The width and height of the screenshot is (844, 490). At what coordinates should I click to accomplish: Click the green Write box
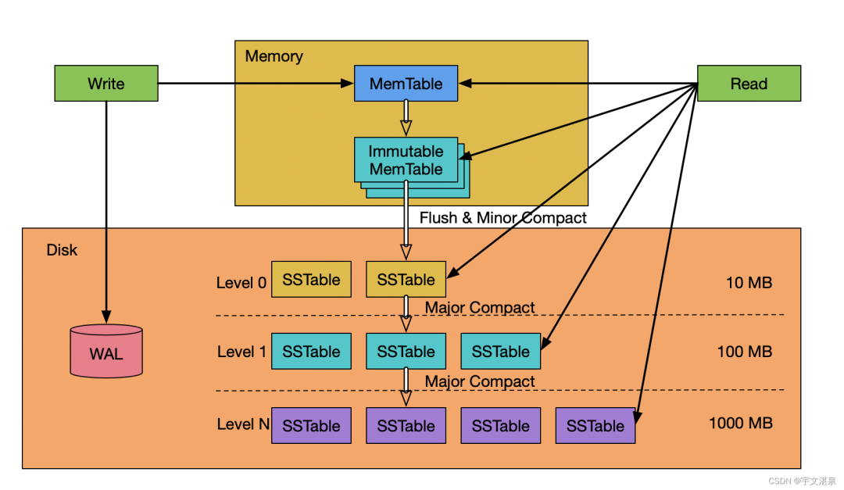tap(105, 84)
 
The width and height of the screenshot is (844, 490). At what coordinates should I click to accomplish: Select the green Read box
tap(749, 84)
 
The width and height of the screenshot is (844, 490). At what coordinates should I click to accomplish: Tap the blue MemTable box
tap(406, 84)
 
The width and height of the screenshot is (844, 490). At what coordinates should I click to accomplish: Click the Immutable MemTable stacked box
tap(406, 160)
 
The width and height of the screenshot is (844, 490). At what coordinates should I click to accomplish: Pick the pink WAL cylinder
tap(106, 352)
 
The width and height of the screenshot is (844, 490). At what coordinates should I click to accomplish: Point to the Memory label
tap(274, 56)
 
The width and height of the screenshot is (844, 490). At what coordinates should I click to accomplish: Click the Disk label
tap(62, 250)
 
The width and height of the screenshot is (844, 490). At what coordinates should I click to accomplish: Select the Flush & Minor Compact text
tap(502, 218)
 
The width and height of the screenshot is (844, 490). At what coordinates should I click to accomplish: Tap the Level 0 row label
tap(241, 282)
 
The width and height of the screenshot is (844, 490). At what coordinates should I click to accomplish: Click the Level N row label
tap(241, 425)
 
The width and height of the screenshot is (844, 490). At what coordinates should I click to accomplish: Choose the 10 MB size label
tap(749, 282)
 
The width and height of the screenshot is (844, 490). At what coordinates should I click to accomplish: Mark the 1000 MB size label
tap(740, 424)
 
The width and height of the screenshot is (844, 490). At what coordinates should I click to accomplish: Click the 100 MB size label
tap(744, 352)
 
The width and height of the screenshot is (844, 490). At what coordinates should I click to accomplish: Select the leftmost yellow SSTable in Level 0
tap(311, 280)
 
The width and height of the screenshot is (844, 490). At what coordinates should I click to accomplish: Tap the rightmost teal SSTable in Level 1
tap(500, 352)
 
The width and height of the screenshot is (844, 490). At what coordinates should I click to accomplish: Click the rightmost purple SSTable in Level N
tap(595, 426)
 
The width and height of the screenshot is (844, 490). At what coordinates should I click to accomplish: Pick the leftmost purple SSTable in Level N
tap(311, 426)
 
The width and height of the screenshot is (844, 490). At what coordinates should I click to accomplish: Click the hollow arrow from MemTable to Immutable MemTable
tap(406, 117)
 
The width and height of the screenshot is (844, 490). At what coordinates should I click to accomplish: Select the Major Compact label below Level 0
tap(480, 308)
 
